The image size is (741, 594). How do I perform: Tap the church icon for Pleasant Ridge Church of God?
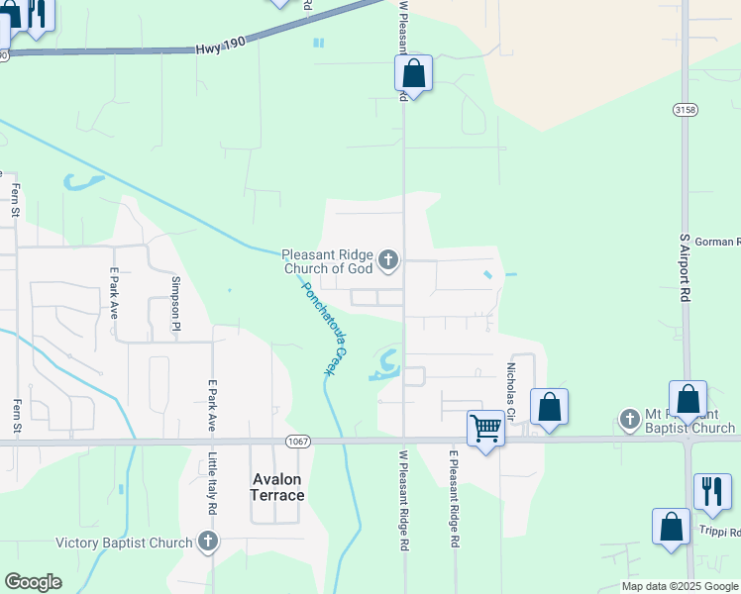pos(388,260)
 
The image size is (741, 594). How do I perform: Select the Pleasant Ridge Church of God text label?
pos(327,260)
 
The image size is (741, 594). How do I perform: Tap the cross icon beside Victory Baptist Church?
pos(207,542)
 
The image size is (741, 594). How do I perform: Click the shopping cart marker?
pos(485,429)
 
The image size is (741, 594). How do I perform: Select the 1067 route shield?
pos(298,441)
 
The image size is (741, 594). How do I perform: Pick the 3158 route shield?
pos(684,108)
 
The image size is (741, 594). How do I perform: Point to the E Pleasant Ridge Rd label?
pos(455,500)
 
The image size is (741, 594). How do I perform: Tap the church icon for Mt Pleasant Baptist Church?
pos(629,420)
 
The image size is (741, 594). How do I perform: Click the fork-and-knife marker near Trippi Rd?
pos(712,491)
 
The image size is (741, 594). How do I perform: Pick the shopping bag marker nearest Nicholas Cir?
pos(549,406)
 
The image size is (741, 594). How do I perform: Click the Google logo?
pos(33,582)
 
